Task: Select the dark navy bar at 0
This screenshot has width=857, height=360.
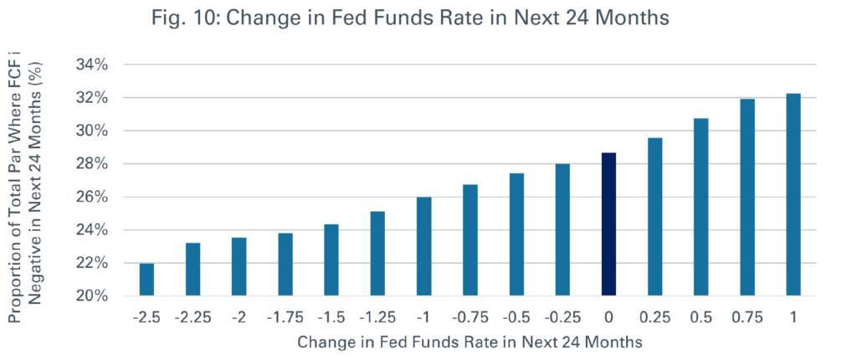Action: tap(608, 224)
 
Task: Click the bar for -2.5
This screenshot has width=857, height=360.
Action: tap(147, 280)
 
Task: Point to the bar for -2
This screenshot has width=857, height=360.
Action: tap(239, 267)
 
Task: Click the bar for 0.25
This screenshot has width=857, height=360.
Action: tap(654, 217)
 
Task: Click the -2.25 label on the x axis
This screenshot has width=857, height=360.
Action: tap(193, 317)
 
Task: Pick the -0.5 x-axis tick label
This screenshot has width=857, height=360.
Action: tap(516, 317)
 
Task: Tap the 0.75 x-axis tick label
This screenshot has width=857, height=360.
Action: tap(747, 317)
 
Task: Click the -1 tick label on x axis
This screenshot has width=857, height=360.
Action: tap(424, 317)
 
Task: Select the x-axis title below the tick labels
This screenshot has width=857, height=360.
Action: tap(470, 342)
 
